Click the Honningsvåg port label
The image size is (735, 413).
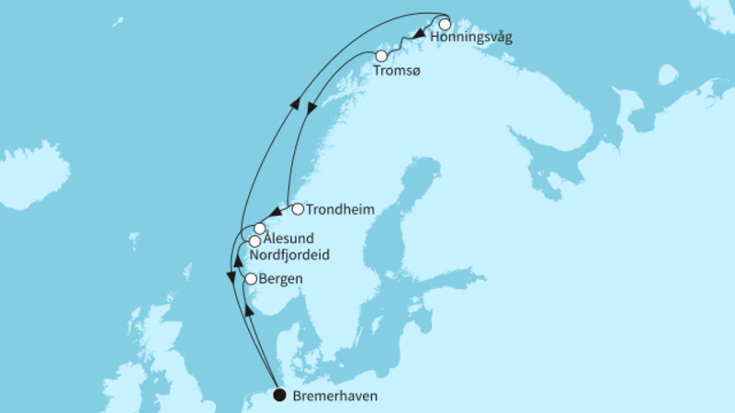click(x=469, y=39)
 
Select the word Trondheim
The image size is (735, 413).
click(x=339, y=209)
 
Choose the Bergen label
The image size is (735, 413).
click(x=281, y=278)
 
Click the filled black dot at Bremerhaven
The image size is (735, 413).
click(x=279, y=396)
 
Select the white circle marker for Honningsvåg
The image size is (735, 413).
click(x=445, y=25)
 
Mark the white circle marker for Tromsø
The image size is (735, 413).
click(x=381, y=56)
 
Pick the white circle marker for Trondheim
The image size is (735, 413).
click(x=297, y=209)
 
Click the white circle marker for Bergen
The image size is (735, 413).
click(x=250, y=278)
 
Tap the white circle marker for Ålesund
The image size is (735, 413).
click(x=260, y=228)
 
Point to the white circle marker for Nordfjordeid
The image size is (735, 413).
click(x=255, y=240)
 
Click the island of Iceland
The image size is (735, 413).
click(x=34, y=174)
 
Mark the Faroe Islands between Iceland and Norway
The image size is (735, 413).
click(x=134, y=241)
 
